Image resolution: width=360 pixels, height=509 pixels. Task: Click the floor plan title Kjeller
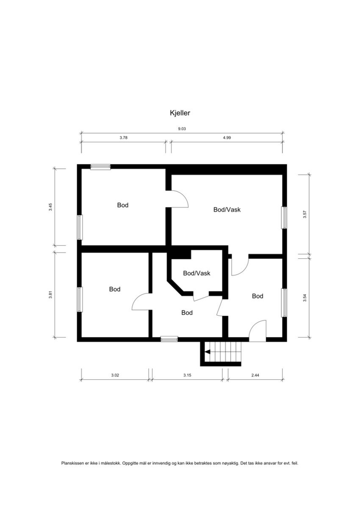180,113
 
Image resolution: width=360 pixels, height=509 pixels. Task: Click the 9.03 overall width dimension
182,129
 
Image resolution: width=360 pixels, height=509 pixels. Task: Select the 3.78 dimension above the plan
123,138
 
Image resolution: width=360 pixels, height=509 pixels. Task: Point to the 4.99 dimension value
227,138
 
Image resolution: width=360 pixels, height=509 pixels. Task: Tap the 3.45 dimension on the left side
50,207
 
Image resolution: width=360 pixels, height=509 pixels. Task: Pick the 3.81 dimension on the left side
50,295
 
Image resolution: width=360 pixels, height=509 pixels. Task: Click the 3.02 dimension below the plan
115,375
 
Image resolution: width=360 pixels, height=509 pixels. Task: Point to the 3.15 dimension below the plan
187,375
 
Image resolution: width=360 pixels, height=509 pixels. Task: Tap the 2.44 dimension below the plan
255,375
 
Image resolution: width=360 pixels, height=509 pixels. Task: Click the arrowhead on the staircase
207,351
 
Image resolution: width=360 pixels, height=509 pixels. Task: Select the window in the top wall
100,167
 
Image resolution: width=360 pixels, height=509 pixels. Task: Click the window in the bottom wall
169,339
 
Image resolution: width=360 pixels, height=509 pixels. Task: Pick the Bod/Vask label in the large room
227,209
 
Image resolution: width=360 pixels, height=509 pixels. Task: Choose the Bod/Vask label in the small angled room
197,273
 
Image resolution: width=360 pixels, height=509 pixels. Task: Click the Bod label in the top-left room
123,205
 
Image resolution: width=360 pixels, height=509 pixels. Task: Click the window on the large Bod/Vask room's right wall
284,218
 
